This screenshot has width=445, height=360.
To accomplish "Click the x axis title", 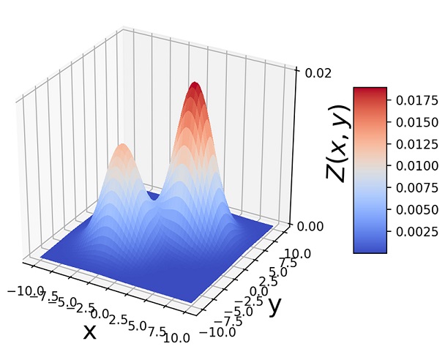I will [x=89, y=331].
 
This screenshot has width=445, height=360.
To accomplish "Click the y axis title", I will [x=275, y=304].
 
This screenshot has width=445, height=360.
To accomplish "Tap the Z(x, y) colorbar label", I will [x=337, y=142].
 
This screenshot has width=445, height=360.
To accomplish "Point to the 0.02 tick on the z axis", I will [x=313, y=72].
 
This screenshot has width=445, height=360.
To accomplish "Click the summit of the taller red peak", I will [x=195, y=85].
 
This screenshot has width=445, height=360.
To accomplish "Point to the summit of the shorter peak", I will [x=122, y=146].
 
